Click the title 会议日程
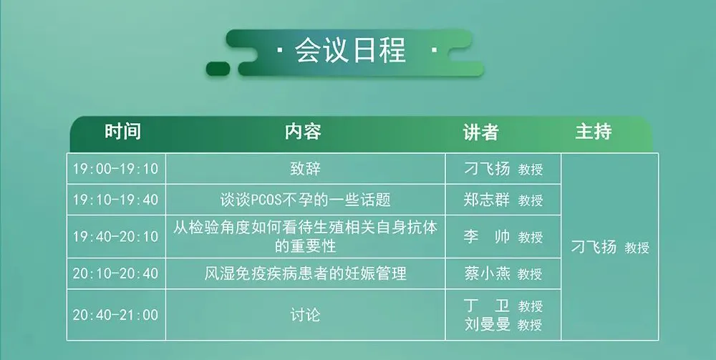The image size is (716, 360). point(350,50)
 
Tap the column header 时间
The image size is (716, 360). point(123,132)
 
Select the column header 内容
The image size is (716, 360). point(303,132)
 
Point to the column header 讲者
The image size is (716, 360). point(480,132)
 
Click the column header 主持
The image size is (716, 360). point(593,132)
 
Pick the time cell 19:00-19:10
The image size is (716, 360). point(115,169)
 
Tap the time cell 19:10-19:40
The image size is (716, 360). point(115,200)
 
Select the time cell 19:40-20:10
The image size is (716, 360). point(115,236)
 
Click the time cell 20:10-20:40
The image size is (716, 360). point(115,273)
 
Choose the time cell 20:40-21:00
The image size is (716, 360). point(115,315)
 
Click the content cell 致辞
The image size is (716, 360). point(305,169)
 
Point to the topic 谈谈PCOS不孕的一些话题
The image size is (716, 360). point(305,200)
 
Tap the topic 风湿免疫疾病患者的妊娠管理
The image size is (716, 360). point(305,273)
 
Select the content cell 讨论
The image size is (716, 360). point(305,315)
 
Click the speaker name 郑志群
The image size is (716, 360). point(487,200)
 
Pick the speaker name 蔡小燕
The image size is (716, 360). point(487,273)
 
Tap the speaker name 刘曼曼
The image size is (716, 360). point(487,324)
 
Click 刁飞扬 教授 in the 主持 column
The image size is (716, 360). point(610,247)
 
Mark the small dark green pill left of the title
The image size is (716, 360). point(218,69)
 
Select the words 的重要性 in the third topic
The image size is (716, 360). point(305,246)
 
